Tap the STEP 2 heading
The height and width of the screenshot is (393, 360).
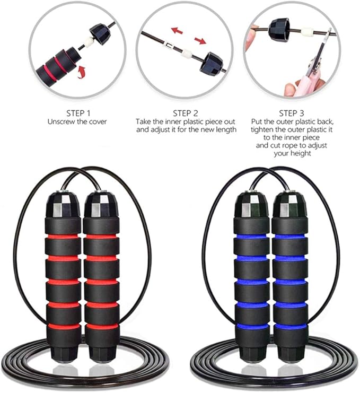tap(185, 113)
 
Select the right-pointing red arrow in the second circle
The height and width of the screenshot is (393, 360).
tap(200, 40)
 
